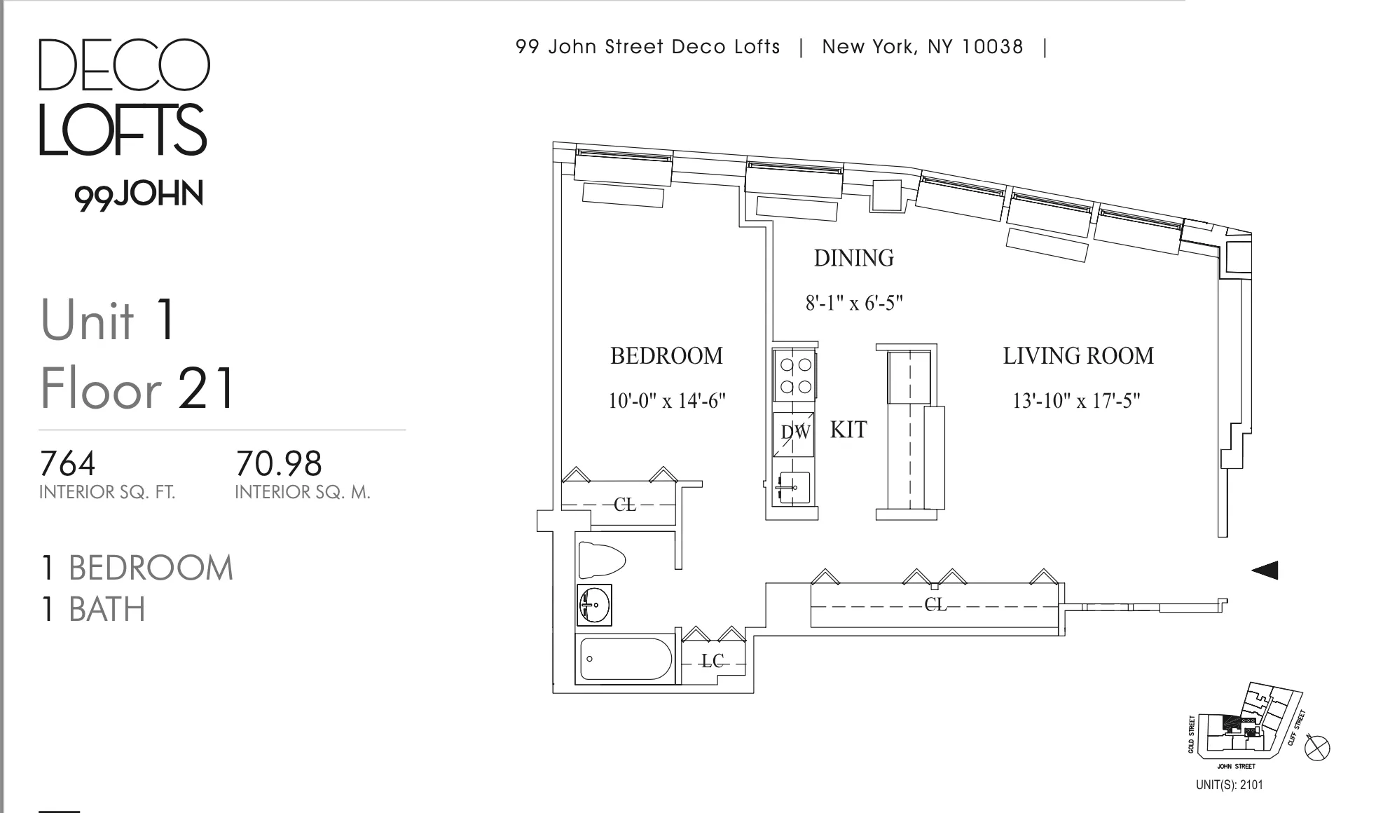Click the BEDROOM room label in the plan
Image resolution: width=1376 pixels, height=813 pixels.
pyautogui.click(x=666, y=356)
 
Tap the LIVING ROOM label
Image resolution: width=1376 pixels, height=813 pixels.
pyautogui.click(x=1078, y=356)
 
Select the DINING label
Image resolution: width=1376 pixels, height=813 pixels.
pyautogui.click(x=853, y=258)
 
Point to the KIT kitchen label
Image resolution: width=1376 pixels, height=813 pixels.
pyautogui.click(x=848, y=430)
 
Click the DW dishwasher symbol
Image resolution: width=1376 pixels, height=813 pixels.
pyautogui.click(x=795, y=432)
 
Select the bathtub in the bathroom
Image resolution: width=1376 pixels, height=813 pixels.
pyautogui.click(x=624, y=659)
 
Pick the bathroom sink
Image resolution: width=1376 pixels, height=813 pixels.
pyautogui.click(x=594, y=605)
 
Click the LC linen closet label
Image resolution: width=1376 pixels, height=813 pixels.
pyautogui.click(x=712, y=661)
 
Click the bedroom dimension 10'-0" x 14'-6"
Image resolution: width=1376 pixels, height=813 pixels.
pyautogui.click(x=666, y=401)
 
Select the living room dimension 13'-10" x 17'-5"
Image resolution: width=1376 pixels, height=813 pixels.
pyautogui.click(x=1076, y=401)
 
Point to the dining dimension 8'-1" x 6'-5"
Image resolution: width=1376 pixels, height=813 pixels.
pyautogui.click(x=853, y=303)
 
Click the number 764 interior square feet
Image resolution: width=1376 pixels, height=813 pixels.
pyautogui.click(x=68, y=463)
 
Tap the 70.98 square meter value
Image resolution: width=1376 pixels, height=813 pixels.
pyautogui.click(x=278, y=463)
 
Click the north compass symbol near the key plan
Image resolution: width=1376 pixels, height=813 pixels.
pyautogui.click(x=1317, y=748)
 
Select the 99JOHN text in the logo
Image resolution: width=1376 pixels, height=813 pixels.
pyautogui.click(x=139, y=194)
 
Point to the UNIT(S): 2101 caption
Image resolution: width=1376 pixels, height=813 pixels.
pyautogui.click(x=1229, y=785)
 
